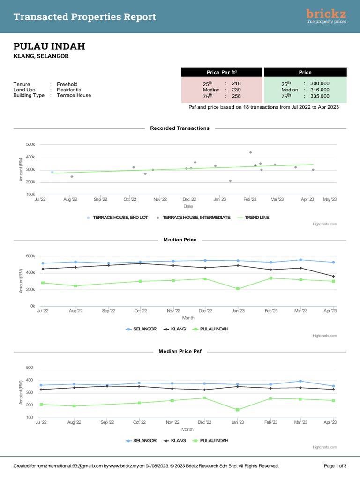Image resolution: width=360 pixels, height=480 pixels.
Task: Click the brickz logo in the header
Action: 326,16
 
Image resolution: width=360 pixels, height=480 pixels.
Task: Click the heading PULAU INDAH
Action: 49,46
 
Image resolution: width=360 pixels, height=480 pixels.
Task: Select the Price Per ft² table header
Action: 222,72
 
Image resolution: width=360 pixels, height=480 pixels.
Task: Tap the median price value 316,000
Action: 320,90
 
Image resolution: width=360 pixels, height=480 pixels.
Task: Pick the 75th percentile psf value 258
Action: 236,96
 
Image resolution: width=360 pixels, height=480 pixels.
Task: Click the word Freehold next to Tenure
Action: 67,84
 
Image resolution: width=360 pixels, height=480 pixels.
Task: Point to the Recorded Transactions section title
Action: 180,128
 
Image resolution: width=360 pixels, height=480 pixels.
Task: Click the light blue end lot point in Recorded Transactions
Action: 52,172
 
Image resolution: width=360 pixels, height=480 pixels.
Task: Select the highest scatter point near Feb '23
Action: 250,152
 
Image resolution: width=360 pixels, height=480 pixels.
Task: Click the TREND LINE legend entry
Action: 254,217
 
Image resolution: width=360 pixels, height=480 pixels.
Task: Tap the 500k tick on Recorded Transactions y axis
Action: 30,144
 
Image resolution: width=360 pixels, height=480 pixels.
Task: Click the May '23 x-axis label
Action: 330,199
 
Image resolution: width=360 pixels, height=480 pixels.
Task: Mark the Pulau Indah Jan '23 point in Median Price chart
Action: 238,289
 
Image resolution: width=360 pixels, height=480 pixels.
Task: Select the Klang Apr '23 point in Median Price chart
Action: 333,277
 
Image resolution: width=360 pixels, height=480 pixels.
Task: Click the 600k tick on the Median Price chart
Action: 30,256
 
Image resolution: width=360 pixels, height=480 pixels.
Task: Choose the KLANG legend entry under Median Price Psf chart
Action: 175,441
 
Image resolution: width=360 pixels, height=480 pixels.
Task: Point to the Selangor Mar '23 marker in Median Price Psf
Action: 300,381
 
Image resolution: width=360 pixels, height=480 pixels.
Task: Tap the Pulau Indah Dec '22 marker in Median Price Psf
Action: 204,398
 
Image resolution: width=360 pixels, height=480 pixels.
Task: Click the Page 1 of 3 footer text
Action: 335,466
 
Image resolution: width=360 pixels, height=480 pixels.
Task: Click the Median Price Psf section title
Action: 180,351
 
